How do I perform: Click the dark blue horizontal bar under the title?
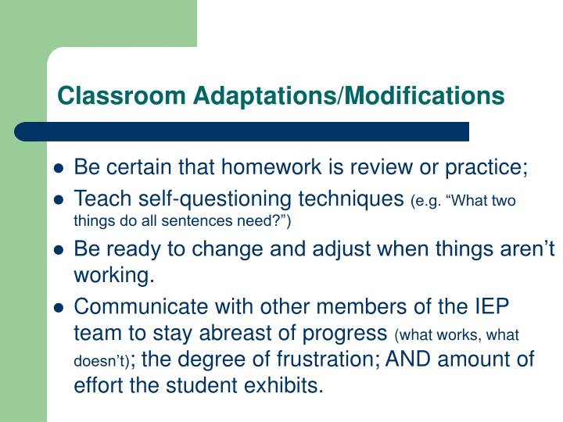point(242,131)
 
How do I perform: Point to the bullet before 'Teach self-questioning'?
point(59,200)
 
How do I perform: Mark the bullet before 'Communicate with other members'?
point(59,308)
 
